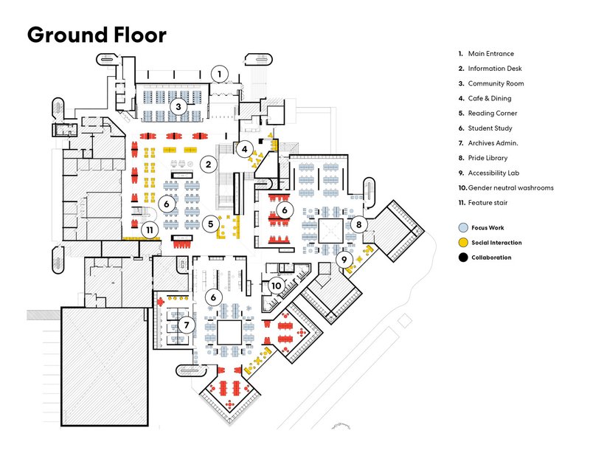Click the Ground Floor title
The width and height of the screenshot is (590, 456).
97,35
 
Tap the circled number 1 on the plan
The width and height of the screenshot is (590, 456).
219,74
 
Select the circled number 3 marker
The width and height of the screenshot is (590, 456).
177,107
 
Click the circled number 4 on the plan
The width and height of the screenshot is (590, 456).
244,148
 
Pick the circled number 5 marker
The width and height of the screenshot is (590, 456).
212,223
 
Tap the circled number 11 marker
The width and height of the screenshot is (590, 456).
150,229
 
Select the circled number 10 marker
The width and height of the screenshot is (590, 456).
276,285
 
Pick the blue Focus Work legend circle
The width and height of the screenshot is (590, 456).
462,228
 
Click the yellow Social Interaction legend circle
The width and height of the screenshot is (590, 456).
462,243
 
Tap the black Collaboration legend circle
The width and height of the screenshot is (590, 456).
462,258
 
